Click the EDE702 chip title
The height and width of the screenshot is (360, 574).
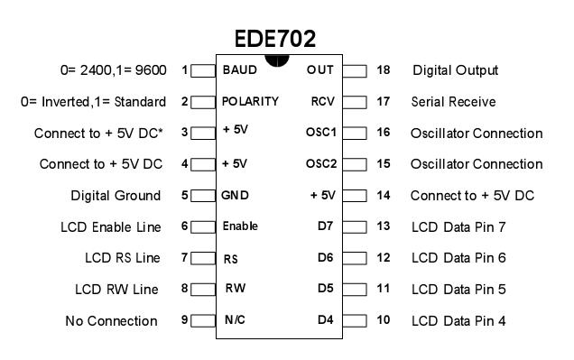click(x=274, y=40)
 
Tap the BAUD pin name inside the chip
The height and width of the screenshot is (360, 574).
click(x=239, y=69)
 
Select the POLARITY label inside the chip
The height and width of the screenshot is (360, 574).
click(x=250, y=101)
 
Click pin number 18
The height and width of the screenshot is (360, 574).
click(x=384, y=70)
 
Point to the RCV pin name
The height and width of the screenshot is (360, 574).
click(x=323, y=101)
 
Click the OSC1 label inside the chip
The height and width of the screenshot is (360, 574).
click(x=320, y=133)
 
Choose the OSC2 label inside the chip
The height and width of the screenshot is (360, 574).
click(x=320, y=164)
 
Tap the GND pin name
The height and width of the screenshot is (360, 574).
click(x=235, y=195)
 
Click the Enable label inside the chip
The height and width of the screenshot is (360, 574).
click(x=240, y=226)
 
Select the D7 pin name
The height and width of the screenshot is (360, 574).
click(x=326, y=226)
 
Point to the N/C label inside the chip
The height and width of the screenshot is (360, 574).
click(x=234, y=320)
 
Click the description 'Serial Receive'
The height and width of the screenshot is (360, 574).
click(x=453, y=102)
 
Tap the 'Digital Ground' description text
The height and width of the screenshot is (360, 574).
click(x=116, y=196)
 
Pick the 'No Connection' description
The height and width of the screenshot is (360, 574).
click(x=111, y=321)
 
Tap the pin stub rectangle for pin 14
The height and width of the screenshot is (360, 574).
click(x=356, y=196)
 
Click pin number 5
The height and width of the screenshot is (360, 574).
click(x=184, y=196)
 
